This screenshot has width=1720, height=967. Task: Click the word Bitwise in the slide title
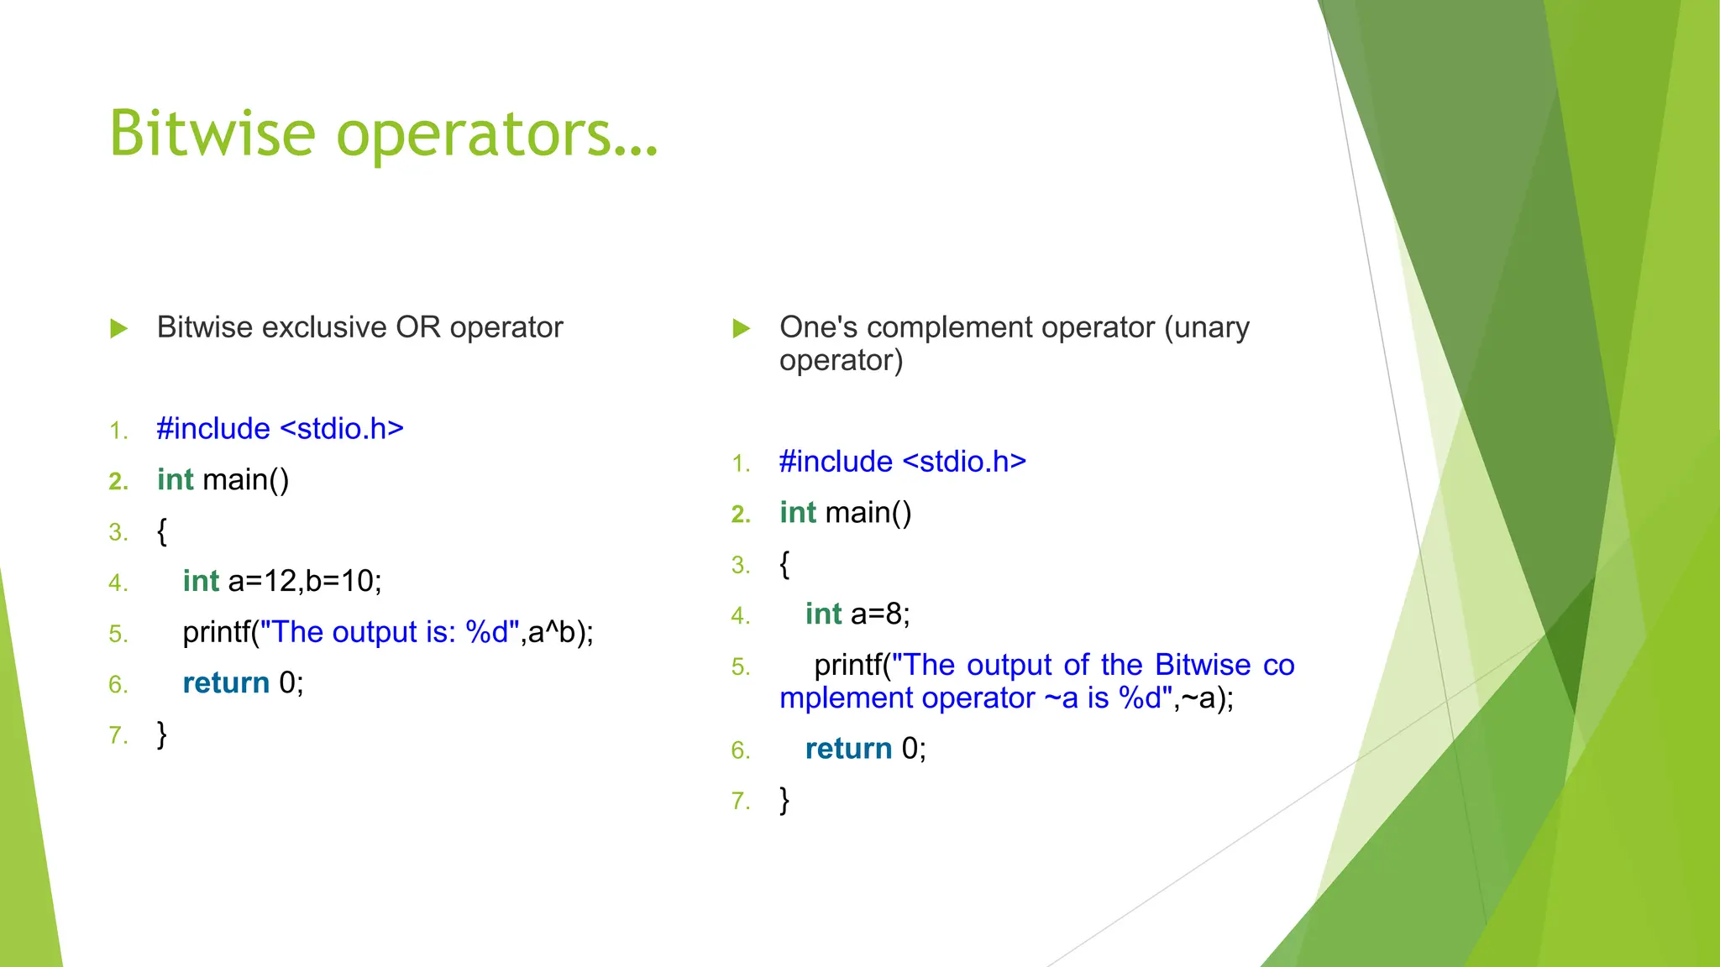click(x=212, y=133)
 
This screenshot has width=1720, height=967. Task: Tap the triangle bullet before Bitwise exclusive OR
click(x=119, y=328)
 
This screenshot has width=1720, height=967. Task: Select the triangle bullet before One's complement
click(x=741, y=328)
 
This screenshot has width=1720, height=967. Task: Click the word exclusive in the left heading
click(x=324, y=327)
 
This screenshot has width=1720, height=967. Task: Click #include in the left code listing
click(x=213, y=429)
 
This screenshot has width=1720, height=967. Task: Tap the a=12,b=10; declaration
click(x=305, y=581)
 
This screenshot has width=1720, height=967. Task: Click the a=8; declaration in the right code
click(x=880, y=614)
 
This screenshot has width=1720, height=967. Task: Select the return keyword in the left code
click(x=226, y=683)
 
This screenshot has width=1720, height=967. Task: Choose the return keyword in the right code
click(x=848, y=749)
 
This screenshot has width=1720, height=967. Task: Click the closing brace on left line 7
click(x=162, y=734)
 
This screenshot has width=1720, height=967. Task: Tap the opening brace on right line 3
click(x=784, y=564)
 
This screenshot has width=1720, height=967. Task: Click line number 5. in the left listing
click(x=118, y=634)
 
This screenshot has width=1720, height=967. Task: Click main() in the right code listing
click(x=868, y=513)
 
